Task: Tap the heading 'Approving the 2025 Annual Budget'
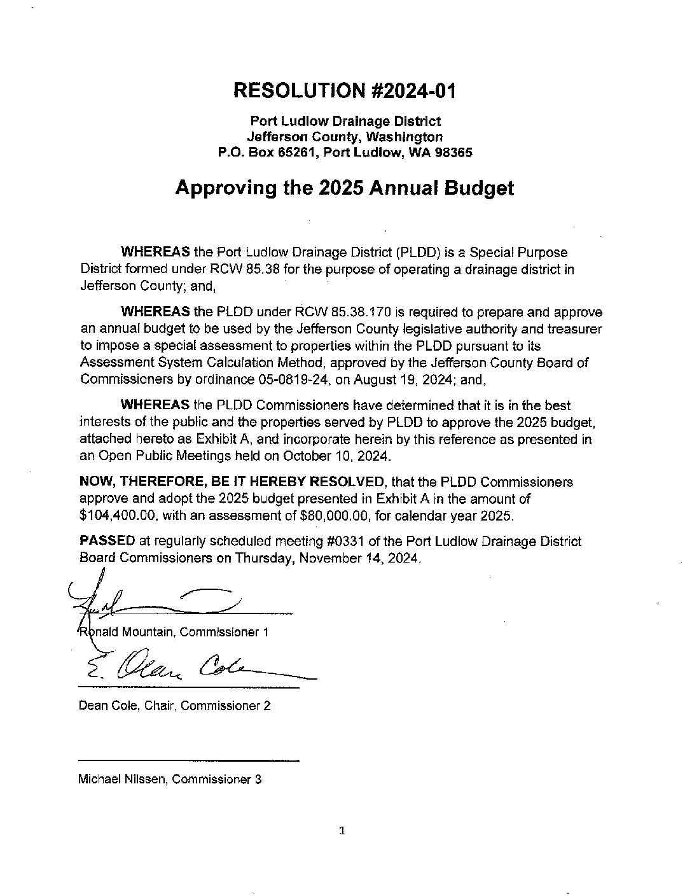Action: [344, 188]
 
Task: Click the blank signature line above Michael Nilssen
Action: [188, 760]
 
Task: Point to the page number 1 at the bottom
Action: [342, 830]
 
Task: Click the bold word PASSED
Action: [107, 542]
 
